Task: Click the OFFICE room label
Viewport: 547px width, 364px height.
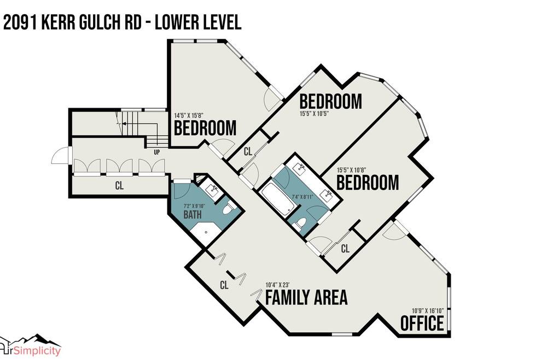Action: [422, 323]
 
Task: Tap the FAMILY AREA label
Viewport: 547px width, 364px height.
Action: [306, 297]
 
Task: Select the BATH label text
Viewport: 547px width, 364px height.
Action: [192, 214]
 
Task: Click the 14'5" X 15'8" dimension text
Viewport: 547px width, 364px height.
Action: [188, 115]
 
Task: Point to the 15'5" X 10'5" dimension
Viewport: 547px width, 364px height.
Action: [314, 113]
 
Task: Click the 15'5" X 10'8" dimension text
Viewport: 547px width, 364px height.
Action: [351, 171]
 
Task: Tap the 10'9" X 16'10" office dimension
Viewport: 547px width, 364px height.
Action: [428, 310]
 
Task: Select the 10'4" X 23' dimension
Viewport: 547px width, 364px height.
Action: [277, 284]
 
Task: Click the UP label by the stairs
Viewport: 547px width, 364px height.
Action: [157, 152]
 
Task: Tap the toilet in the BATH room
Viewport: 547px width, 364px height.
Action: [228, 208]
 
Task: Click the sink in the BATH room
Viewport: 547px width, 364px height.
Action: [212, 190]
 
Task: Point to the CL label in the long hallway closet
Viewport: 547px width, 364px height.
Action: [119, 185]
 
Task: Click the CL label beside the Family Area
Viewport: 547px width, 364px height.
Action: [224, 285]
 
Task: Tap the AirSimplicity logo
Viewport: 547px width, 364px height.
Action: [30, 346]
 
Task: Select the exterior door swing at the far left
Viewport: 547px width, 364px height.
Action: [61, 156]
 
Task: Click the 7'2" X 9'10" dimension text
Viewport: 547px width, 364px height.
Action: [194, 206]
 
